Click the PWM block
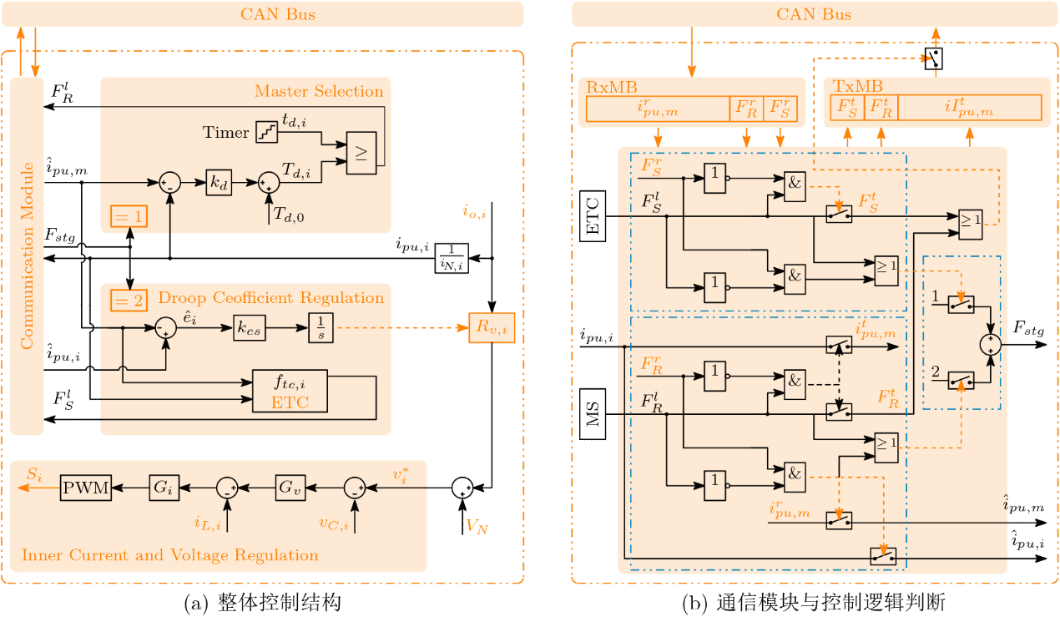[x=86, y=488]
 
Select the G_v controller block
[x=288, y=488]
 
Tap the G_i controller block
[x=162, y=488]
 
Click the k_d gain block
[x=219, y=183]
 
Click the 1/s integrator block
[x=321, y=328]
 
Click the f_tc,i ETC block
[x=290, y=391]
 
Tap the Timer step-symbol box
[x=266, y=132]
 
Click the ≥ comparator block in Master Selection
[x=361, y=154]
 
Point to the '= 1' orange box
[x=128, y=217]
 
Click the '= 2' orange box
[x=128, y=298]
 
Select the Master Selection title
[x=319, y=91]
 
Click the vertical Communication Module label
[x=27, y=255]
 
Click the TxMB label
[x=846, y=86]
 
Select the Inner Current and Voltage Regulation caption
[x=169, y=555]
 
